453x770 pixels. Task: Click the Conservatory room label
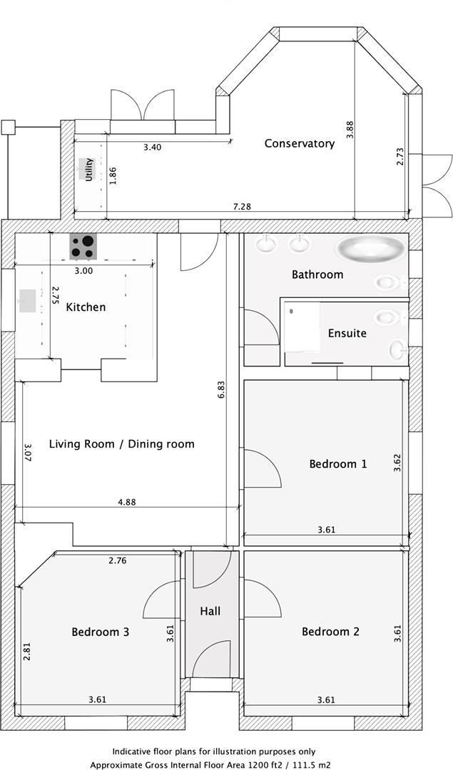[299, 143]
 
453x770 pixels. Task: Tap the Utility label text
[89, 170]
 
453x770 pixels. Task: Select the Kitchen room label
[86, 307]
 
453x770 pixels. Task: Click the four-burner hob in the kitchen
[83, 247]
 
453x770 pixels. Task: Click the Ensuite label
[347, 333]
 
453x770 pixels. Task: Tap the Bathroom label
[317, 274]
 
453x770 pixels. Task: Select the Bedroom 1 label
[338, 463]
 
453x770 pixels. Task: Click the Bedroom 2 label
[330, 632]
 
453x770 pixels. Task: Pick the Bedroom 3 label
[101, 632]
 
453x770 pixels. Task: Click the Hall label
[210, 611]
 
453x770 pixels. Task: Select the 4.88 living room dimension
[126, 501]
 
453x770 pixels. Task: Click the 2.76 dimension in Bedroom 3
[118, 561]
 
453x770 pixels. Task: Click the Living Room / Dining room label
[121, 444]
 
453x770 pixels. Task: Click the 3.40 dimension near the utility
[153, 148]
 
